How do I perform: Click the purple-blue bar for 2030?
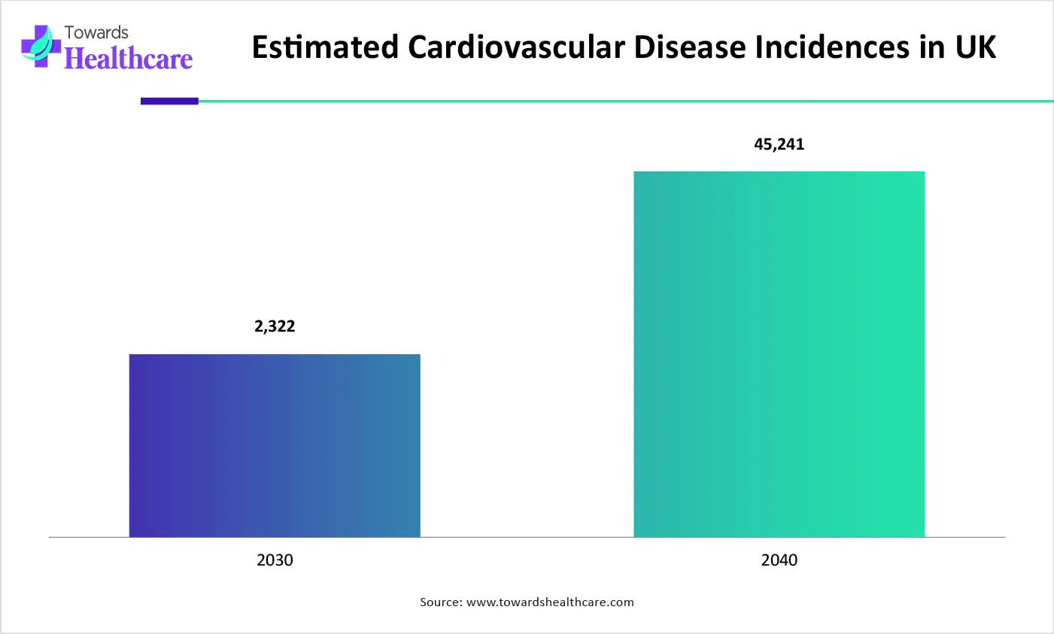click(x=275, y=445)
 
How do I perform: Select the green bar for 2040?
click(x=779, y=354)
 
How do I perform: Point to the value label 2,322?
click(x=275, y=326)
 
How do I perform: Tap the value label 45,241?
click(x=779, y=144)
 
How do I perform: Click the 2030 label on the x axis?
click(x=275, y=560)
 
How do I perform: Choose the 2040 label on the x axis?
click(x=779, y=560)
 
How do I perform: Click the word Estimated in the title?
click(x=325, y=47)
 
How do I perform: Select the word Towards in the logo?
click(x=96, y=32)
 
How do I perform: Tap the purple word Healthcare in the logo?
click(x=129, y=59)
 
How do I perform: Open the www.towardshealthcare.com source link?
click(x=550, y=602)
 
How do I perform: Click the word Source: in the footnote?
click(x=441, y=602)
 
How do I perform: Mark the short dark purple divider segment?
click(x=169, y=101)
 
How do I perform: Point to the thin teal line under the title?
click(x=624, y=101)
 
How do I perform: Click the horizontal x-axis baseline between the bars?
click(x=527, y=537)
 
